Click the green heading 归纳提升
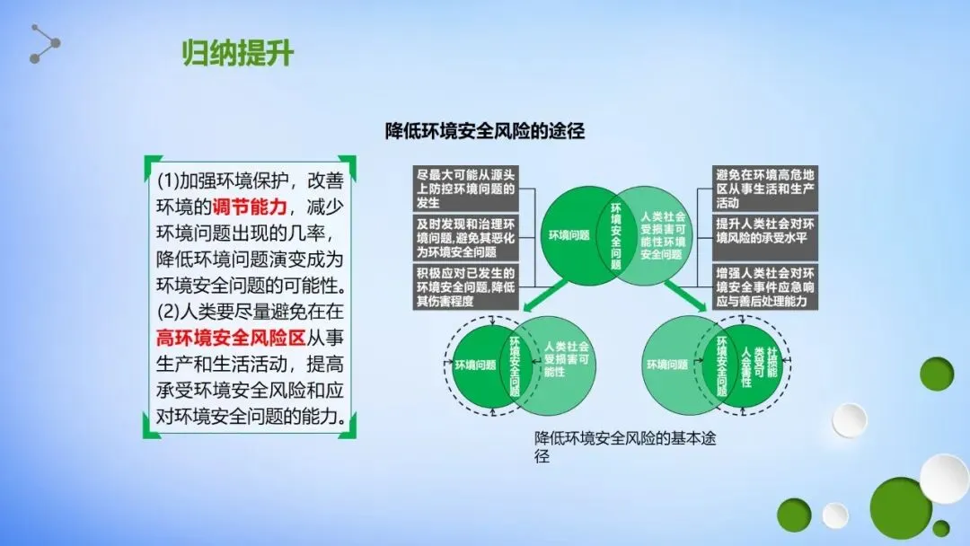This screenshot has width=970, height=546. coord(237,54)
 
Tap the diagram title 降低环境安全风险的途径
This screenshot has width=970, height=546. coord(485,131)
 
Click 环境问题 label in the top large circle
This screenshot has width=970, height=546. coord(569,235)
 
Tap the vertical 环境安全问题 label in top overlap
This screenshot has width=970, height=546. coord(615,235)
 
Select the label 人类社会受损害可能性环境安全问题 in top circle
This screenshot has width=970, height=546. coord(663,235)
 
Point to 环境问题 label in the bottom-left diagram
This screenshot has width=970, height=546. coord(476,365)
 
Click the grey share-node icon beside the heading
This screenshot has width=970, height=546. coord(44,44)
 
